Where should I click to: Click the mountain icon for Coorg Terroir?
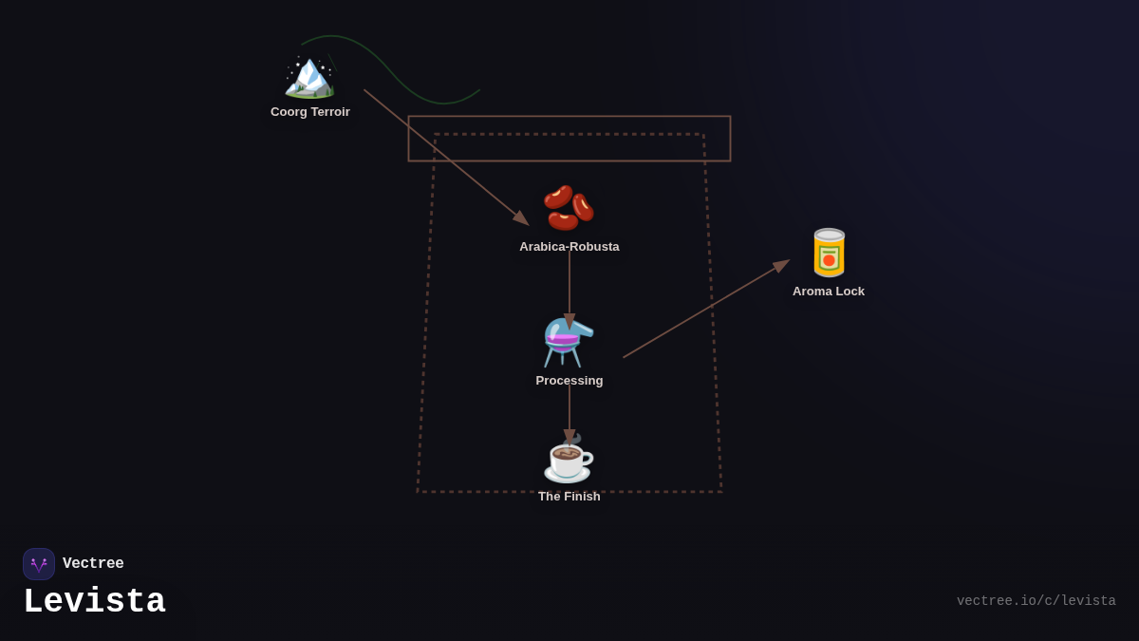(309, 76)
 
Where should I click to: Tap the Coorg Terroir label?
(310, 112)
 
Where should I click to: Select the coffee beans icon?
(569, 207)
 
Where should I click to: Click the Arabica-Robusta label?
(569, 247)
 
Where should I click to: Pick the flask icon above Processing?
(569, 342)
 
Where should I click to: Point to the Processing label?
(569, 381)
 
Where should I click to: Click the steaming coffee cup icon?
(569, 459)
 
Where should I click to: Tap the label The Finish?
(569, 497)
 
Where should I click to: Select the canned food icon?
(829, 253)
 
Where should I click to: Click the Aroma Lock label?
(829, 292)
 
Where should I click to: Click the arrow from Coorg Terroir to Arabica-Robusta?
(445, 157)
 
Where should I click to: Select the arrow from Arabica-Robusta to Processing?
(569, 285)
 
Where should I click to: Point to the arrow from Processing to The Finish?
(569, 410)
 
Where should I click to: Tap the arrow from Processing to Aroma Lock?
(704, 310)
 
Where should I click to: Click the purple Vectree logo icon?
(39, 564)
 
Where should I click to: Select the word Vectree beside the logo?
(93, 564)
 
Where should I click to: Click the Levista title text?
(94, 602)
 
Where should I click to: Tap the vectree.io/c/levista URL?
(1036, 601)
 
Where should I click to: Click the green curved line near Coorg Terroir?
(399, 81)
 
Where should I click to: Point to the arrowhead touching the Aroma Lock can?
(781, 265)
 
